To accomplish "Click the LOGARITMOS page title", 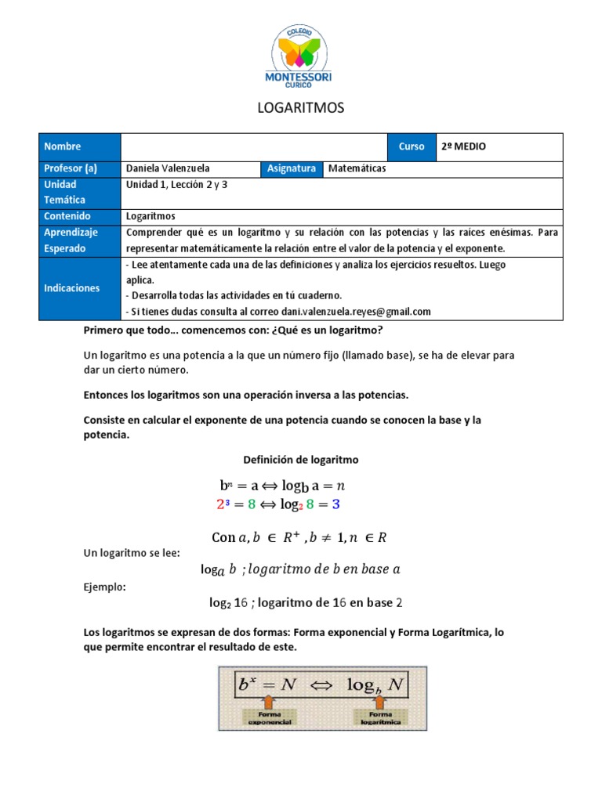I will point(301,108).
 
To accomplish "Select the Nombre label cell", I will point(80,146).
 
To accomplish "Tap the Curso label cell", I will point(411,146).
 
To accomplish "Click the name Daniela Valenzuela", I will point(168,168).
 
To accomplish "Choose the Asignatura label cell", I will point(291,168).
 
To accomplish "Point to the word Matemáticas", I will point(357,168).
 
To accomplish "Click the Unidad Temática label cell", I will point(80,193).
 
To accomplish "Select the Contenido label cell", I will point(80,216).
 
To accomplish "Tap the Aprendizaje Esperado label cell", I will point(80,240).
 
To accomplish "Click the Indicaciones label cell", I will point(80,287).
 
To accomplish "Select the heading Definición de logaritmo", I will point(301,459).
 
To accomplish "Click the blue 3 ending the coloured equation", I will point(335,505).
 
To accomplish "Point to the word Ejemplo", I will point(103,587).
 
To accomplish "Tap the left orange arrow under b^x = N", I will point(269,703).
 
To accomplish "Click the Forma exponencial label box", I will point(269,718).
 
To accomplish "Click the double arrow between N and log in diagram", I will point(322,685).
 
